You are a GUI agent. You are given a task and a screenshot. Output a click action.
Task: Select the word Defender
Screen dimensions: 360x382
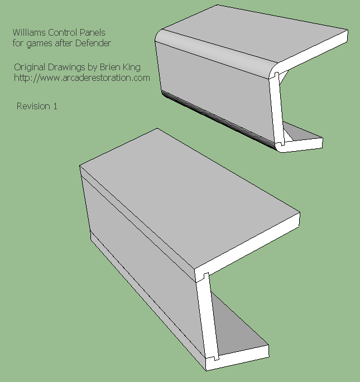(93, 43)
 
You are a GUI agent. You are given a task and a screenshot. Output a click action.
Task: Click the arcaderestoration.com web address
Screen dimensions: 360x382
(82, 78)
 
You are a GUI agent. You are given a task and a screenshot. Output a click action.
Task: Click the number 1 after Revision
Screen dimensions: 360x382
(55, 106)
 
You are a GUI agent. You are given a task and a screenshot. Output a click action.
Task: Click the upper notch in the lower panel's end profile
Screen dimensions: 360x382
(205, 276)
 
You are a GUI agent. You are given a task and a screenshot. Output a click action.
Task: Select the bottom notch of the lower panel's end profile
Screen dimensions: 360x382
(216, 358)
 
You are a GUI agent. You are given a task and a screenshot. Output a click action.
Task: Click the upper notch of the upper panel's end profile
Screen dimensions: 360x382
(277, 75)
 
